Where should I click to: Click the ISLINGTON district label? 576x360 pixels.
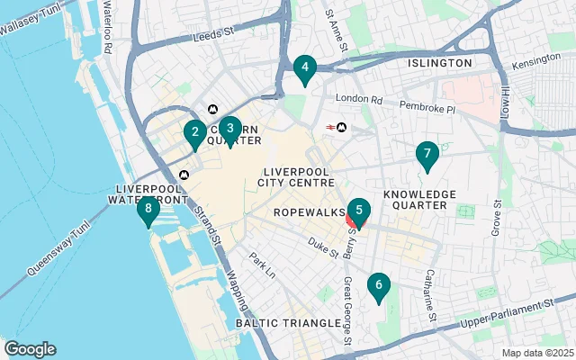click(x=440, y=63)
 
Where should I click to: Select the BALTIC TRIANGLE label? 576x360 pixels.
click(x=279, y=321)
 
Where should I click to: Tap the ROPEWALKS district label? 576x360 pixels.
click(x=306, y=212)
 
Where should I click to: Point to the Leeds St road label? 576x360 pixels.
click(x=214, y=38)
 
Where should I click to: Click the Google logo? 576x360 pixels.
click(x=31, y=349)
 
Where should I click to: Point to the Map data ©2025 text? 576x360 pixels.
click(x=536, y=353)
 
